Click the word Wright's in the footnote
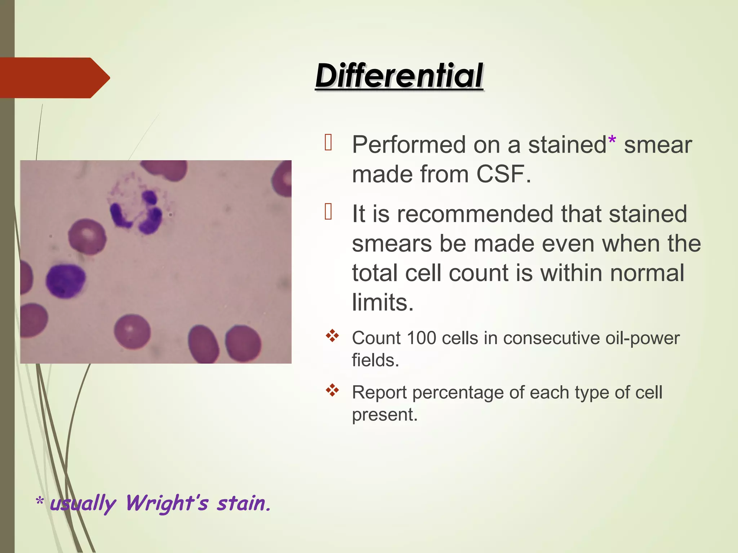point(166,503)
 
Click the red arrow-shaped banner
point(54,78)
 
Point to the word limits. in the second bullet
point(383,302)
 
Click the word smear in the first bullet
point(658,145)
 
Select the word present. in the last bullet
point(384,415)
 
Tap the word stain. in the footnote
point(243,503)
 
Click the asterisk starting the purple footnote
point(40,502)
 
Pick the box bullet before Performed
point(328,142)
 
